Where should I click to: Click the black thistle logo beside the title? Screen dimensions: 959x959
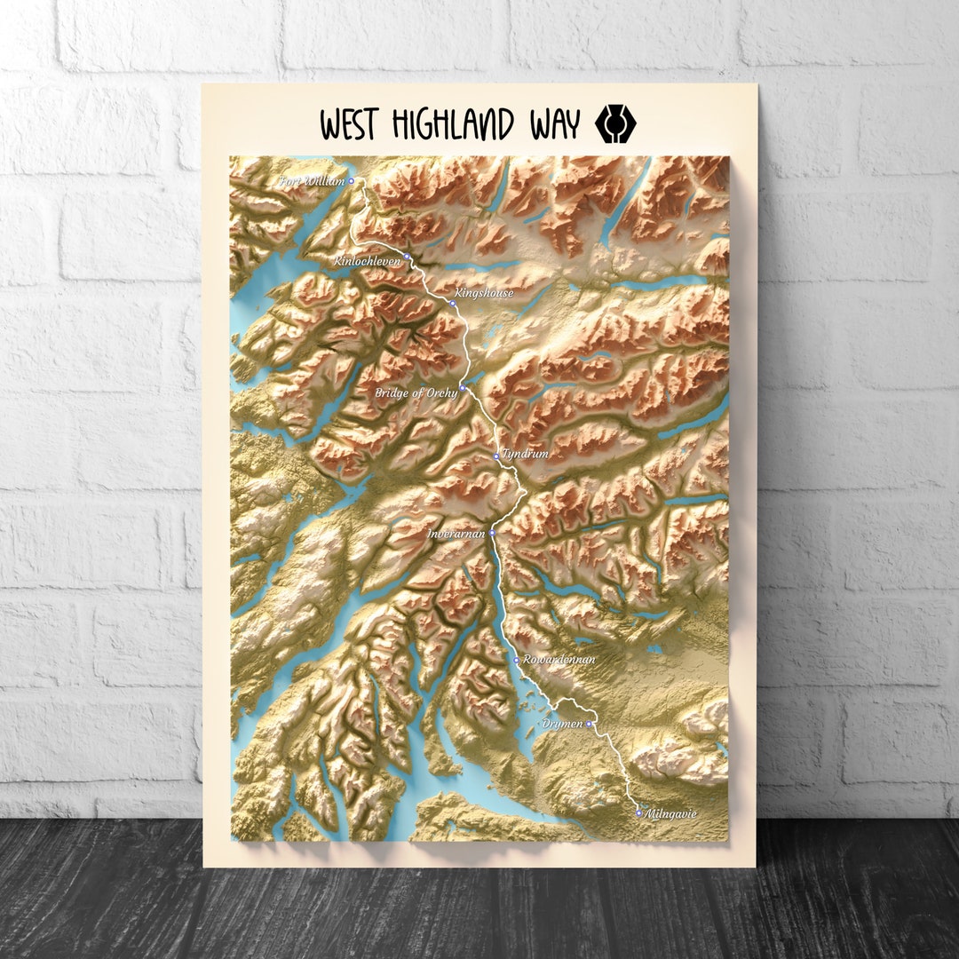coord(610,123)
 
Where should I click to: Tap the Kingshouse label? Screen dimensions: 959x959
coord(483,292)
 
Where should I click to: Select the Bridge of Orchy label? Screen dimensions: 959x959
coord(416,392)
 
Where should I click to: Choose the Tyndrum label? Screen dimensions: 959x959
coord(525,453)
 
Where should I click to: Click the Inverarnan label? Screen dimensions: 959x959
coord(456,534)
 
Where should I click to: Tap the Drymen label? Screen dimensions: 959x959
coord(562,724)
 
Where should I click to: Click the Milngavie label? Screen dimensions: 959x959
coord(671,813)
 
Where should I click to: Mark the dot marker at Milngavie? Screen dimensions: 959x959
coord(638,812)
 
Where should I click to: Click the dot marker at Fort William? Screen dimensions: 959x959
coord(351,180)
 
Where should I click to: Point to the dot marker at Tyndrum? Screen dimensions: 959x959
coord(496,456)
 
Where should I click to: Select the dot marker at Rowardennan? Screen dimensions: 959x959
coord(517,660)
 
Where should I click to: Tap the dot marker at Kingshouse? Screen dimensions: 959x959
coord(452,304)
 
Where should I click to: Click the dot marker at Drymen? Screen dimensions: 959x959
coord(588,724)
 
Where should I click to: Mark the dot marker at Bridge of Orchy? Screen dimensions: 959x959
coord(463,388)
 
